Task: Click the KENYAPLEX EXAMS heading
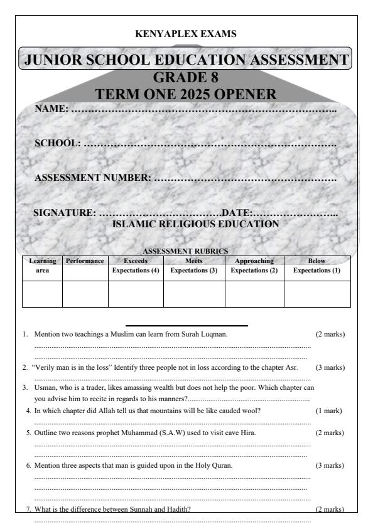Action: click(186, 33)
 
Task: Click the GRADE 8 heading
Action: click(186, 78)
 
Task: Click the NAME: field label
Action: click(51, 109)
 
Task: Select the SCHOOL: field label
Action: click(58, 144)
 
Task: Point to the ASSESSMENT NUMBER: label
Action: click(93, 178)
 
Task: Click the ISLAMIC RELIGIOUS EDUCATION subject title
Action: click(195, 224)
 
